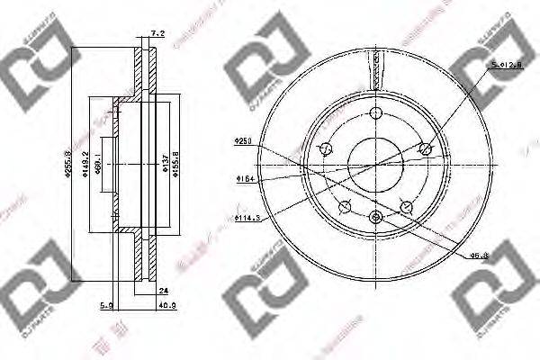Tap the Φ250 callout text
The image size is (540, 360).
click(240, 140)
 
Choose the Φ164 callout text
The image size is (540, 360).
click(241, 179)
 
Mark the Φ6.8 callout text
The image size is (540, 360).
click(479, 256)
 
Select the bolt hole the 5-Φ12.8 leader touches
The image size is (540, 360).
click(427, 149)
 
